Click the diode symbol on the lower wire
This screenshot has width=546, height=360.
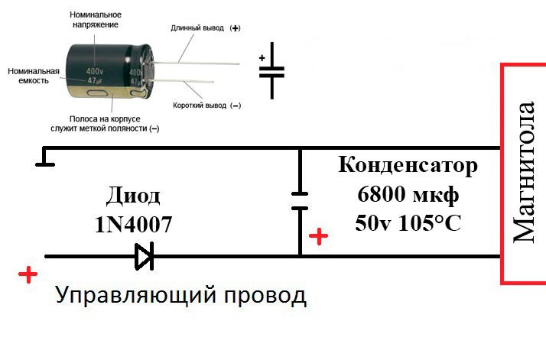145,256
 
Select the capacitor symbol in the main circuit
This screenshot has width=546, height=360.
300,201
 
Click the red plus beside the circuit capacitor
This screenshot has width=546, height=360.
318,236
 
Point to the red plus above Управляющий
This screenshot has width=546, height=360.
28,275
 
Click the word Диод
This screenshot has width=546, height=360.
133,196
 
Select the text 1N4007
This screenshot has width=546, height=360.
133,224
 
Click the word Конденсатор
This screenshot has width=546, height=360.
408,165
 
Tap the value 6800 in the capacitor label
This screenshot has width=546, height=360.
382,194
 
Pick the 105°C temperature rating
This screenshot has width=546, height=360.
430,223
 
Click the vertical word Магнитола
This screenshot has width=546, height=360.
523,172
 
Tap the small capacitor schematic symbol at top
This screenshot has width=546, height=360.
271,70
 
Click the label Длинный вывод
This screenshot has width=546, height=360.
197,28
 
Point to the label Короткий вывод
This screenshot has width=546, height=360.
199,105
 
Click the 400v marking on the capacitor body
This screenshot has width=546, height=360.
94,72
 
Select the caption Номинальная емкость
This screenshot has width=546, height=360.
34,76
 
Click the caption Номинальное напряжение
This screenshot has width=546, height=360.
96,20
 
